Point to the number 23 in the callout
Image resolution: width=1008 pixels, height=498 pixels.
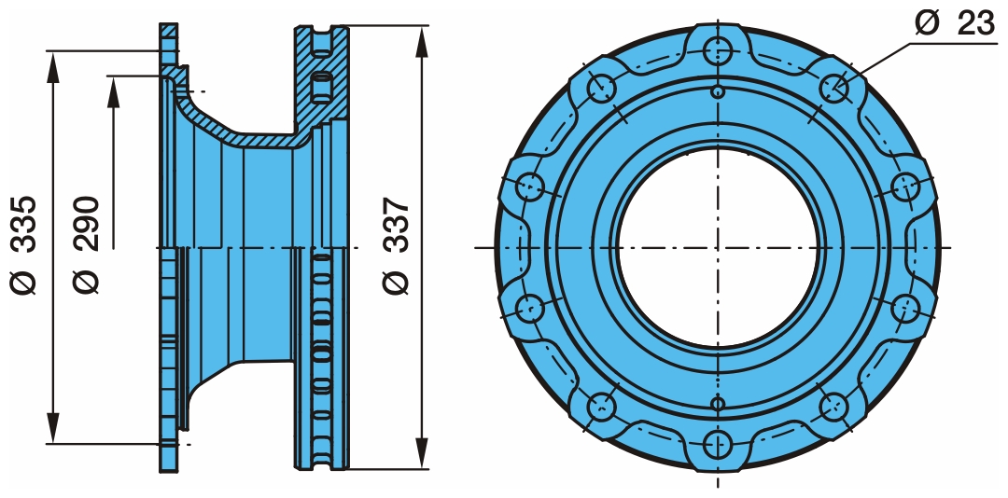[x=976, y=23]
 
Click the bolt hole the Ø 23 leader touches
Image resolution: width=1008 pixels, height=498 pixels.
[x=833, y=88]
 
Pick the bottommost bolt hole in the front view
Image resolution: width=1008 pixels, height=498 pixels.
[x=717, y=443]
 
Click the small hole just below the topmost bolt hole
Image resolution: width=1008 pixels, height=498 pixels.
[x=717, y=91]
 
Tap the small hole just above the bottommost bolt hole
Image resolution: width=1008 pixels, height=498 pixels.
[x=717, y=402]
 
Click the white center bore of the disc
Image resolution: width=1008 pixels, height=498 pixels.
[x=717, y=247]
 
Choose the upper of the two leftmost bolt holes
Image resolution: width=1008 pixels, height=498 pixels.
[x=530, y=186]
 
